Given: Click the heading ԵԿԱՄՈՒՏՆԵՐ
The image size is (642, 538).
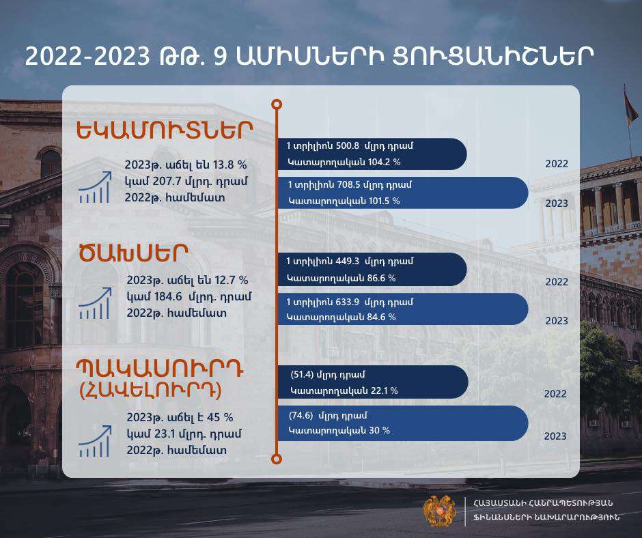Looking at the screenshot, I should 165,130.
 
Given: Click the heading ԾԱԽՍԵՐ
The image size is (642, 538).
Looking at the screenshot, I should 132,253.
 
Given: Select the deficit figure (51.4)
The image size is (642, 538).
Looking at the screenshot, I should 301,374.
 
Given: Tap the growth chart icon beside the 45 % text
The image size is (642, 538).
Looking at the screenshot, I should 94,441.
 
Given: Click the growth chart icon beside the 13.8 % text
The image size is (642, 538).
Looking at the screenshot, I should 94,188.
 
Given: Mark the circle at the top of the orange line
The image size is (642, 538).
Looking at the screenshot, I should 277,104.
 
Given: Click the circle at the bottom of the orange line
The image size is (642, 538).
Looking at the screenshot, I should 277,459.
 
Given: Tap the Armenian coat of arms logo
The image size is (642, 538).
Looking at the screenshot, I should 440,510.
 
